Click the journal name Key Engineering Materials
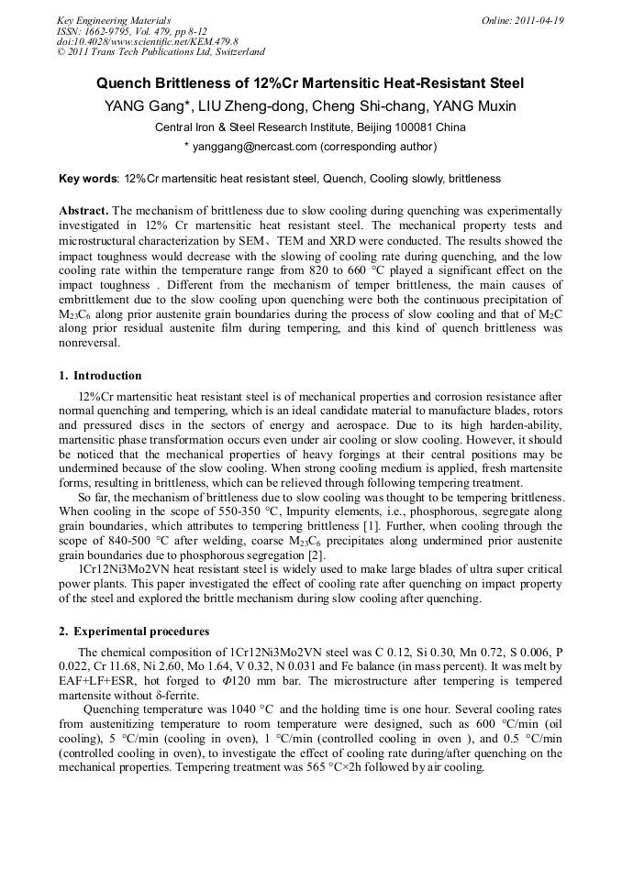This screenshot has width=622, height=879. (x=114, y=20)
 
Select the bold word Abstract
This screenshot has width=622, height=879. (x=83, y=211)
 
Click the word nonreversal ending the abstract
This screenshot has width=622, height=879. (x=93, y=343)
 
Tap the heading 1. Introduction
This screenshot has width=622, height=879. (x=100, y=376)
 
